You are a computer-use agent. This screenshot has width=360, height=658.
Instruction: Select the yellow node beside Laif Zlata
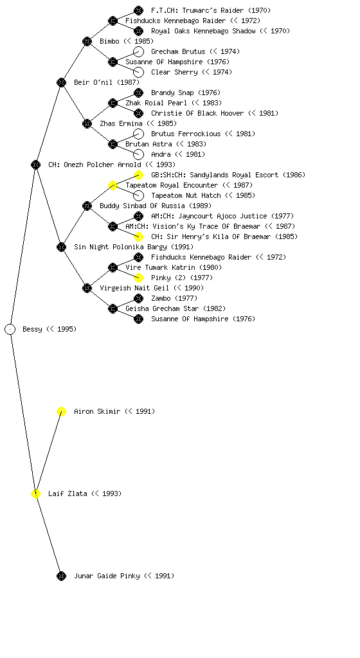[35, 494]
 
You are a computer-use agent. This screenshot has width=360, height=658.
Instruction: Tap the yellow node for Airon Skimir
[61, 412]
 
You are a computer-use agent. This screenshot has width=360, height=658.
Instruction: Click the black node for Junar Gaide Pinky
[61, 576]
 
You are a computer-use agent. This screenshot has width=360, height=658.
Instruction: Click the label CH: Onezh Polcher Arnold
[95, 164]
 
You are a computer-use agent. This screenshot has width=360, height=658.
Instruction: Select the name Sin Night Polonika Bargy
[120, 247]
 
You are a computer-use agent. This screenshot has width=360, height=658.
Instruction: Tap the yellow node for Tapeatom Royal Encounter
[113, 186]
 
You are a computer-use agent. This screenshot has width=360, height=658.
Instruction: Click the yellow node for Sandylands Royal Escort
[138, 175]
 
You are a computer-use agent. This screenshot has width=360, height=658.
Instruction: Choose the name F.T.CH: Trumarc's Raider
[197, 10]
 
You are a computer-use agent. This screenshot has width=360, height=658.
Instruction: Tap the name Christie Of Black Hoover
[197, 113]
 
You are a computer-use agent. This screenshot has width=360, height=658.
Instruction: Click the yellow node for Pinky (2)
[138, 278]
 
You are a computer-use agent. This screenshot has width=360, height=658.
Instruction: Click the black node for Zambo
[138, 298]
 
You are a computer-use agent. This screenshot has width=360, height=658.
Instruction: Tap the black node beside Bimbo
[87, 41]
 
